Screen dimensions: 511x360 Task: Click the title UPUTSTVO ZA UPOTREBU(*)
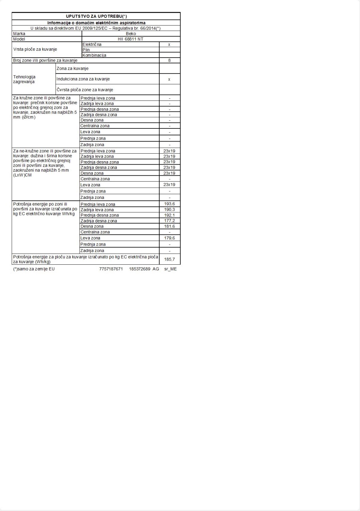click(96, 16)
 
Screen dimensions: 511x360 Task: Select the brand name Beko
click(131, 34)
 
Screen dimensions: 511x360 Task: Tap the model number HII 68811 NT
click(131, 39)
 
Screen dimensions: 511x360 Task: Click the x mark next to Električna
click(169, 45)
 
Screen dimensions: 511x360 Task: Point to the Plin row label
click(86, 50)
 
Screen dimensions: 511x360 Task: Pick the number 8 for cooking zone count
click(169, 60)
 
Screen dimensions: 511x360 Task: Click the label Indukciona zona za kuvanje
click(83, 79)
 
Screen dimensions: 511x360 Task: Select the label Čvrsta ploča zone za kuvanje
click(85, 90)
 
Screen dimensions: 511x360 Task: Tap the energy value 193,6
click(169, 204)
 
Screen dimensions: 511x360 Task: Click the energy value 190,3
click(169, 210)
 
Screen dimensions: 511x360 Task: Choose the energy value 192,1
click(169, 215)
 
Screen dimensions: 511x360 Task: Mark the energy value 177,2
click(169, 221)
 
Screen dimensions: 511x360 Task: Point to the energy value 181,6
click(169, 226)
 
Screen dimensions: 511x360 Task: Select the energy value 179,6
click(169, 238)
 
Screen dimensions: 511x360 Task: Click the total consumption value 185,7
click(169, 259)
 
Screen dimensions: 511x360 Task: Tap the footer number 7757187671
click(111, 269)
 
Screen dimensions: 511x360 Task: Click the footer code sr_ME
click(170, 269)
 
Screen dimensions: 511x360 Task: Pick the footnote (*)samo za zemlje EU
click(34, 269)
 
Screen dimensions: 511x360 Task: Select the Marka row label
click(19, 34)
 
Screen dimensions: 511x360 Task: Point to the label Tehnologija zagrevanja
click(24, 79)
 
